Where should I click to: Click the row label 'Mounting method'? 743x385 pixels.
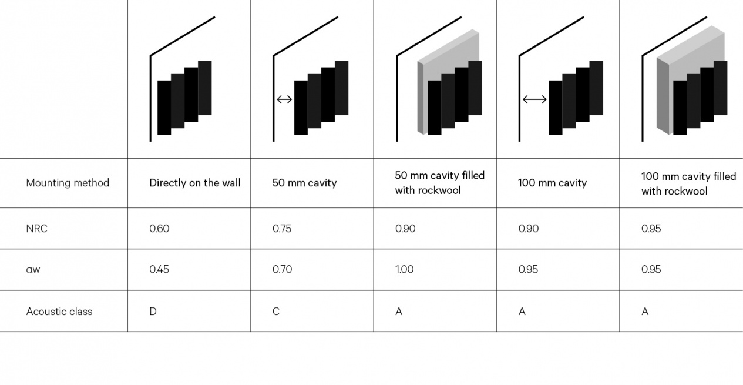tap(68, 183)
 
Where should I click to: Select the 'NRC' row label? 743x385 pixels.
tap(36, 229)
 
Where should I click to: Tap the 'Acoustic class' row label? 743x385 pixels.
tap(59, 312)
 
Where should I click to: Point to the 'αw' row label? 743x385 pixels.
tap(33, 270)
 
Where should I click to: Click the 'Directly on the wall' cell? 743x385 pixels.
tap(194, 183)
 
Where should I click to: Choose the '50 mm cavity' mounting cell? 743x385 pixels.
tap(304, 183)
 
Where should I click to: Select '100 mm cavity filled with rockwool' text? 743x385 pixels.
tap(688, 183)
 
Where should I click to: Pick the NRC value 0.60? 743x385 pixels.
tap(159, 229)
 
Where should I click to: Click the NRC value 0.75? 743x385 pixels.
tap(282, 229)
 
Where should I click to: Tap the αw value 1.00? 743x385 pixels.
tap(404, 270)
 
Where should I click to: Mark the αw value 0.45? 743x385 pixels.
tap(159, 270)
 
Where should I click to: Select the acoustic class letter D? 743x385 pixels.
tap(153, 312)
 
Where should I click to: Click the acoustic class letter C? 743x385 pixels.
tap(276, 312)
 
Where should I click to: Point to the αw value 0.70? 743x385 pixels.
tap(282, 270)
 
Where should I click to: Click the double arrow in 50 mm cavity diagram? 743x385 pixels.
tap(284, 99)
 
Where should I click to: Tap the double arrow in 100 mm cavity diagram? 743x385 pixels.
tap(534, 99)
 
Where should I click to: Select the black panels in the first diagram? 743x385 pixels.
tap(184, 97)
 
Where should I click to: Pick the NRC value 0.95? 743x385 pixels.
tap(651, 229)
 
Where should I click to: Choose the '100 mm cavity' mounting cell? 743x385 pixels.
tap(552, 183)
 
